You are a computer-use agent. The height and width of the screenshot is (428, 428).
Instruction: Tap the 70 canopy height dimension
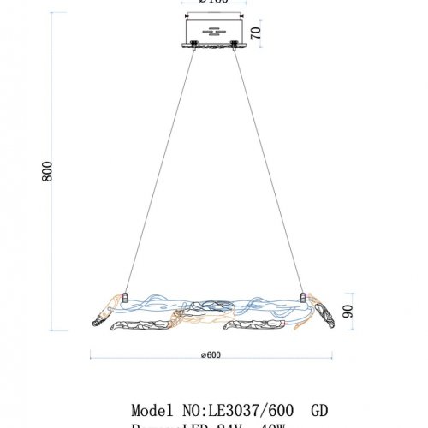[255, 33]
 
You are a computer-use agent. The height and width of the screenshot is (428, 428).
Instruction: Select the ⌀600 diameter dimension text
[214, 356]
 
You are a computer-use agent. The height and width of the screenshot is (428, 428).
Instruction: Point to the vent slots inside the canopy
[211, 33]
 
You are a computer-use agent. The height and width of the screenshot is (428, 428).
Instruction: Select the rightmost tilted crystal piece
[323, 312]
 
